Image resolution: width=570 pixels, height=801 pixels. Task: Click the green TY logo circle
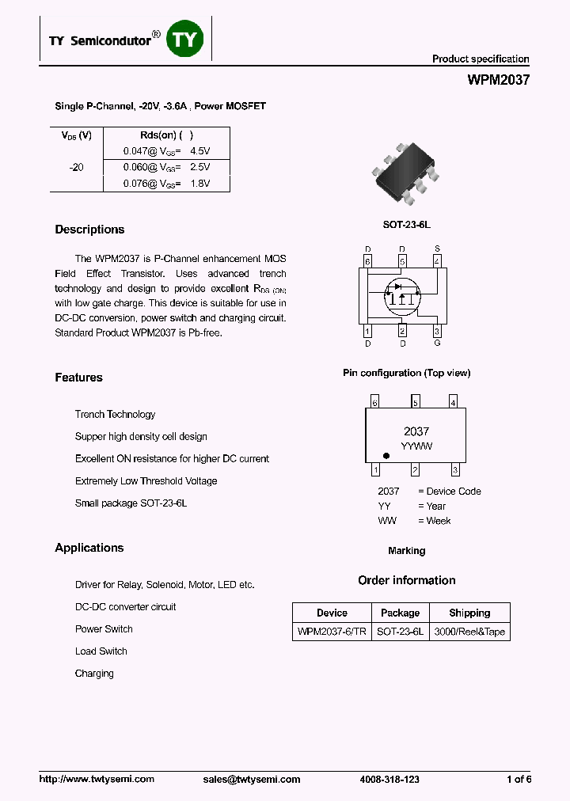(x=184, y=39)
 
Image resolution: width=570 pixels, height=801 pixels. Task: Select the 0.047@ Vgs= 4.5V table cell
(x=166, y=150)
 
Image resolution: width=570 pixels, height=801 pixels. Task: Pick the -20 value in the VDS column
(x=76, y=167)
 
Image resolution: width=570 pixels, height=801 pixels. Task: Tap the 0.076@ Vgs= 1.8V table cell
(x=166, y=184)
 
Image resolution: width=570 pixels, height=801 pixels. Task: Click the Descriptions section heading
(x=89, y=230)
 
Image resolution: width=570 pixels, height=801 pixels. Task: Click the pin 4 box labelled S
(x=437, y=260)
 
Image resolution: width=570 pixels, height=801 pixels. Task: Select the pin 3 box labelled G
(x=437, y=331)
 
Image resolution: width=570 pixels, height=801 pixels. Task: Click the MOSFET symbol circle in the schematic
(x=402, y=295)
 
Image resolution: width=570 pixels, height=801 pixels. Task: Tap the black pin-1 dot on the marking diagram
(x=386, y=456)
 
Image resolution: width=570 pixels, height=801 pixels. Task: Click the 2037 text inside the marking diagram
(x=416, y=431)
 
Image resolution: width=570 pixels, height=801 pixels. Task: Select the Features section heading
(x=78, y=378)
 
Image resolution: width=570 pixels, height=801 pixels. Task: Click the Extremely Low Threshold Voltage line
(x=146, y=480)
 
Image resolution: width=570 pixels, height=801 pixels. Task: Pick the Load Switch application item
(x=101, y=651)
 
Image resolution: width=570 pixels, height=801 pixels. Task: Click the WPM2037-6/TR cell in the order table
(x=332, y=632)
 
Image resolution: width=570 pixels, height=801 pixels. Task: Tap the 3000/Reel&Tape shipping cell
(x=469, y=632)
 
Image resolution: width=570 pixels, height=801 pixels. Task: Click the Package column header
(x=400, y=613)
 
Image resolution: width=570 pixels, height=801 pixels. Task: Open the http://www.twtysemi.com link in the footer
(x=97, y=779)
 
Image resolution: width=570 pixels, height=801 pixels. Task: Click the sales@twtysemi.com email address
(x=252, y=779)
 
